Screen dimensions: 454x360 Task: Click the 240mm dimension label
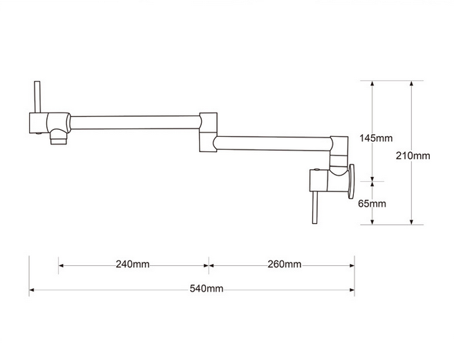tap(133, 264)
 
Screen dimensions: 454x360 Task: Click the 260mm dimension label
tap(284, 264)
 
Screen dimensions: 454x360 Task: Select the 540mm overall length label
tap(207, 288)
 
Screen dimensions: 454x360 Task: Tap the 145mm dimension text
tap(376, 138)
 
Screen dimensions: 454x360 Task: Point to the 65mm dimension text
tap(372, 204)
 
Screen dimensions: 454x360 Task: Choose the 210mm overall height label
tap(413, 155)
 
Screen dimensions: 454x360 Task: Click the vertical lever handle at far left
tap(37, 97)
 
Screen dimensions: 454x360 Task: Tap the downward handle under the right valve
tap(315, 207)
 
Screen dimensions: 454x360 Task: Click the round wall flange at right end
tap(351, 182)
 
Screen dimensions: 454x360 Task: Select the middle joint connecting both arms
tap(208, 133)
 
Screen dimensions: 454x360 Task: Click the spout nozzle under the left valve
tap(59, 138)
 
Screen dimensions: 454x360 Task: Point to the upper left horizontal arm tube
tap(135, 122)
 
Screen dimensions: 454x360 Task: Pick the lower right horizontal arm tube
tap(274, 144)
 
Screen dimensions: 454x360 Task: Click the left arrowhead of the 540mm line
tap(32, 290)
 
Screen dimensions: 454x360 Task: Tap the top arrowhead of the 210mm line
tap(411, 84)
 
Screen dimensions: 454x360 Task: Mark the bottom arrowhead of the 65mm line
tap(372, 222)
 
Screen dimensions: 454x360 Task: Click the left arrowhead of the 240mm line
tap(61, 265)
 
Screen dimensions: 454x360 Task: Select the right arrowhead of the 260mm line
tap(352, 265)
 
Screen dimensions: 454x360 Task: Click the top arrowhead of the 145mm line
tap(372, 84)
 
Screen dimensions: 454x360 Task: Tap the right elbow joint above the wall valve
tap(339, 152)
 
